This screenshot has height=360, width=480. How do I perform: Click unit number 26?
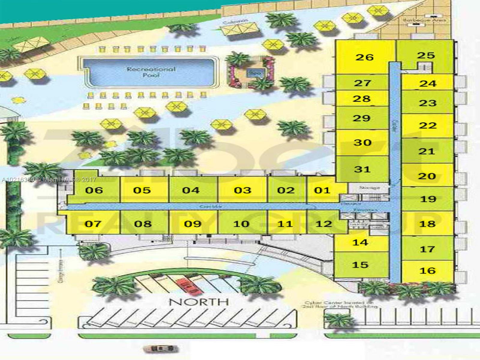coord(364,57)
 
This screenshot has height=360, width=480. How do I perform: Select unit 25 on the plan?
coord(426,55)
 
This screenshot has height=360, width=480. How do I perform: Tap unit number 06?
coord(94,190)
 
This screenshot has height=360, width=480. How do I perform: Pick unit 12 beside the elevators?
coord(324,223)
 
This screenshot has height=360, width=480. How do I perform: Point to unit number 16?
coord(427,271)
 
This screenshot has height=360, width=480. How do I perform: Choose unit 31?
coord(362,169)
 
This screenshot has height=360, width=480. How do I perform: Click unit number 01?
coord(322,190)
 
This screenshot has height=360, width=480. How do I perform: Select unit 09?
coord(193,224)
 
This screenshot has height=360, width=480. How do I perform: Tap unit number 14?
coord(360,242)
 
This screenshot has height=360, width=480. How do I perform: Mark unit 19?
coord(428,199)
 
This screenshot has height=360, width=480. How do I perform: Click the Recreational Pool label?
coord(151,72)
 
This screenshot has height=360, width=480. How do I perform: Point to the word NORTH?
coord(199,301)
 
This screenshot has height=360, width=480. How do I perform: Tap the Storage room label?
coord(369,188)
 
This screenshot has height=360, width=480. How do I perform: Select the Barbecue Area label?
coord(424,20)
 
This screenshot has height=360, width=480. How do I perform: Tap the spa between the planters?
coord(251,72)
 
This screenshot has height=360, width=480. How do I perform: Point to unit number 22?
coord(427,125)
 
